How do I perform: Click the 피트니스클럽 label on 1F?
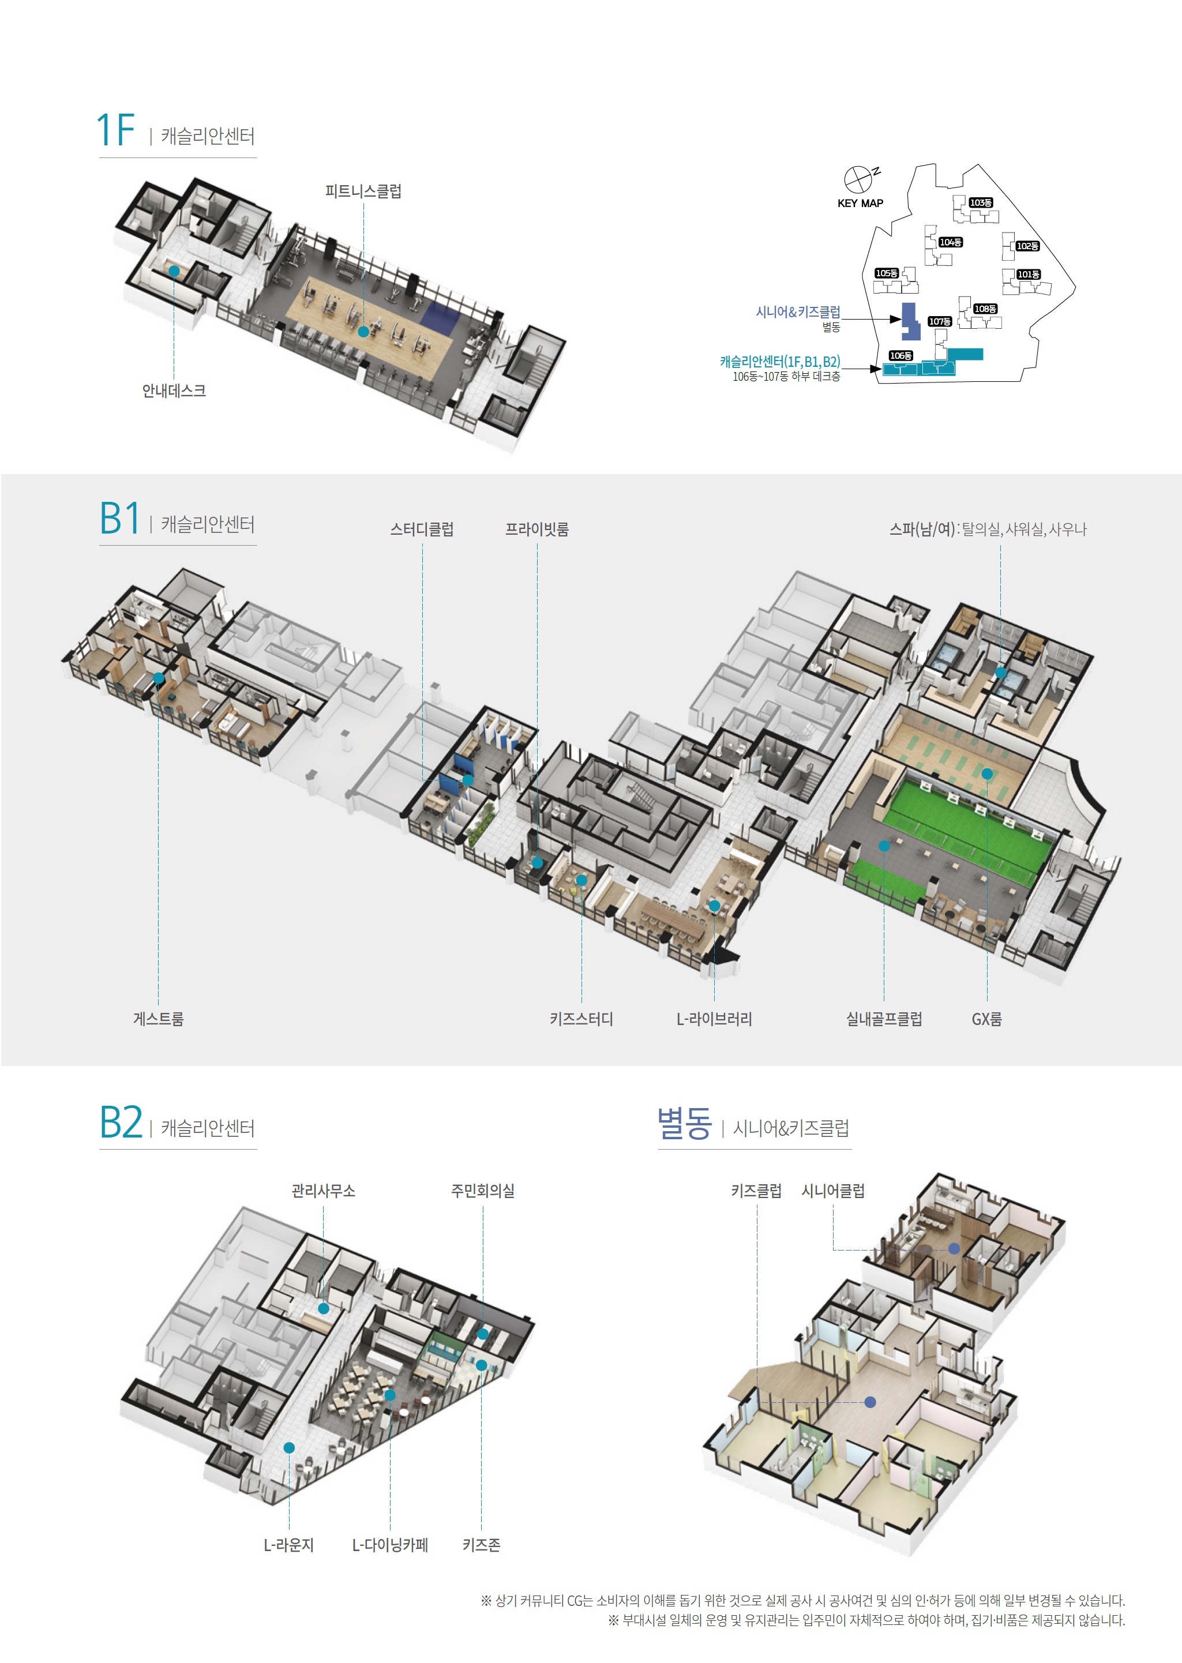click(x=363, y=192)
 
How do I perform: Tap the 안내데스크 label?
click(x=174, y=391)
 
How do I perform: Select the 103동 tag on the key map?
click(x=981, y=202)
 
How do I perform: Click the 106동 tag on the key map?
click(x=901, y=355)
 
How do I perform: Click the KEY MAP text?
click(x=860, y=203)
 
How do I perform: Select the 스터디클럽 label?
click(x=422, y=529)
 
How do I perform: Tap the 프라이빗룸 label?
click(x=537, y=529)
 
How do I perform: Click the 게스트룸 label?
click(x=159, y=1018)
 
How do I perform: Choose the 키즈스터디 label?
click(x=581, y=1018)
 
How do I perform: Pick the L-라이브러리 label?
click(x=714, y=1018)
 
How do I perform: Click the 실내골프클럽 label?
click(x=884, y=1018)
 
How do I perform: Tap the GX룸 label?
click(x=987, y=1018)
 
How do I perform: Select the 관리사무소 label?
click(x=323, y=1191)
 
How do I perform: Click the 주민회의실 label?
click(x=483, y=1191)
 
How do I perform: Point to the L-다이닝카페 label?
click(x=390, y=1544)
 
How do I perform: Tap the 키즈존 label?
click(x=481, y=1544)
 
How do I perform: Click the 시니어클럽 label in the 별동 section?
click(x=834, y=1191)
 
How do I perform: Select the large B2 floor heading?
click(x=121, y=1123)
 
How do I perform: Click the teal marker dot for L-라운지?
click(x=289, y=1448)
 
